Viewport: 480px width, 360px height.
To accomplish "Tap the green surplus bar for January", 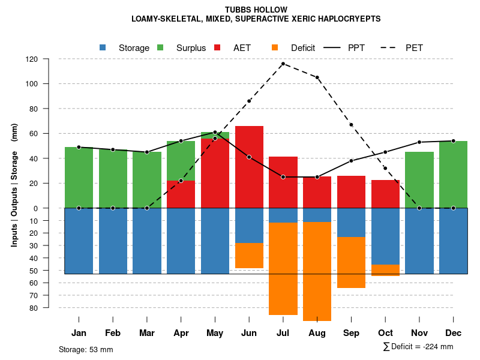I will pos(79,177).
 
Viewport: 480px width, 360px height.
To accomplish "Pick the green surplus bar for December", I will pos(453,174).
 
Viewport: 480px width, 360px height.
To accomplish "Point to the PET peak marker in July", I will pos(283,64).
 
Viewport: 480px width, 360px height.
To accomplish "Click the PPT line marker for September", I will pos(351,161).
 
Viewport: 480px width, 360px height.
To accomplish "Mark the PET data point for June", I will pos(249,101).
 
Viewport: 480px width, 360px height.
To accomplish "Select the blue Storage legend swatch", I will pos(103,47).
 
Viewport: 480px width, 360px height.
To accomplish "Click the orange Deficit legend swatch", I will pos(275,47).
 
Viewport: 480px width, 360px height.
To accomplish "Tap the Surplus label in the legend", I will pos(191,48).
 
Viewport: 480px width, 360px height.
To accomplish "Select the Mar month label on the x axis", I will pos(147,333).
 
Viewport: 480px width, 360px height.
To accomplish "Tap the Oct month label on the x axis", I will pos(385,333).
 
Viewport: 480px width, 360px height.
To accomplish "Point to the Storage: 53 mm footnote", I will pos(86,349).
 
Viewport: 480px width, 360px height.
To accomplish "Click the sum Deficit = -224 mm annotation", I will pos(418,347).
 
